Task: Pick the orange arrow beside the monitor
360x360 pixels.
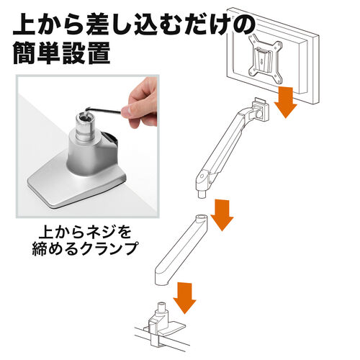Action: pos(286,102)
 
